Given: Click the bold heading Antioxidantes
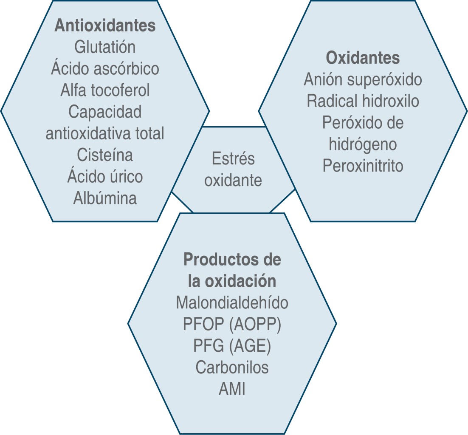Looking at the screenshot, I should tap(105, 25).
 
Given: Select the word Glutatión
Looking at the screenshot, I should tap(105, 47).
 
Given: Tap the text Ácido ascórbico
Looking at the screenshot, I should tap(105, 68).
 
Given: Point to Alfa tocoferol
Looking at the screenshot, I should tap(105, 90).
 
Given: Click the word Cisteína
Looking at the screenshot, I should tap(105, 155).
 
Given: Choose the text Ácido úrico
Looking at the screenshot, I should tap(105, 176).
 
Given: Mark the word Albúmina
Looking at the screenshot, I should tap(105, 198).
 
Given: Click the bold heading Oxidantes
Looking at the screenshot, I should tap(363, 58).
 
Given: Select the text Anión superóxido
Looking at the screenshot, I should tap(363, 79).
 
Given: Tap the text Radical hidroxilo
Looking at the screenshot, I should tap(363, 101).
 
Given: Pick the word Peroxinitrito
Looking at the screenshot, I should tap(363, 166).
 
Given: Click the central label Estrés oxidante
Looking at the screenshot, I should tap(233, 169).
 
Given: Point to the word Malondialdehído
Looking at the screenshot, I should tap(232, 303).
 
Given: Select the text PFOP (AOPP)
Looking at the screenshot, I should tap(232, 325).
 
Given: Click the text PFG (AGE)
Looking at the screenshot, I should tap(232, 346).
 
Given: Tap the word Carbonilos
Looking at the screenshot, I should tap(232, 367).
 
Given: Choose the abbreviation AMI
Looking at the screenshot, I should tap(232, 389).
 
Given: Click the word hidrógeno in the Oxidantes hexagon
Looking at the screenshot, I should tap(363, 144).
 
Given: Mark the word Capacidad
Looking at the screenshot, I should tap(105, 112).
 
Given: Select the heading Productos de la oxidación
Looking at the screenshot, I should tap(232, 271).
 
